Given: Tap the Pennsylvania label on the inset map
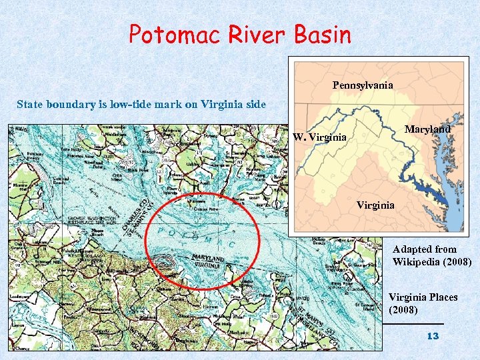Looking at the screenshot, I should tap(363, 85).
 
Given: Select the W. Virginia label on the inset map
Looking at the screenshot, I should tap(319, 138).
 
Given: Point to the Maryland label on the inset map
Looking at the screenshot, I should tap(427, 129).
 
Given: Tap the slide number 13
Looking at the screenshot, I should tap(433, 337).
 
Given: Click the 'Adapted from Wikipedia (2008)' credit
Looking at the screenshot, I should tap(432, 256).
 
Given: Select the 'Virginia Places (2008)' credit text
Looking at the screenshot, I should tap(423, 303).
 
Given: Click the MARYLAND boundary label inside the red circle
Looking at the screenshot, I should tap(208, 257).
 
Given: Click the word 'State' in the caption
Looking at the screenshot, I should tap(30, 104).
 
